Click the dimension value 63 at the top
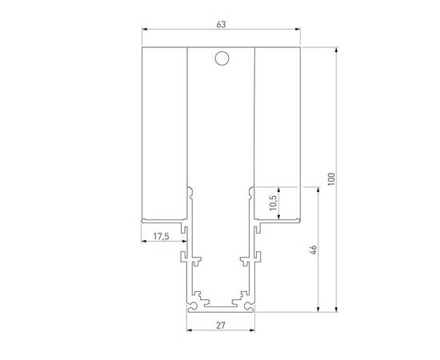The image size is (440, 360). (x=221, y=25)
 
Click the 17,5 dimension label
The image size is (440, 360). (x=161, y=236)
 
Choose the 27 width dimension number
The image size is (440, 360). (x=221, y=325)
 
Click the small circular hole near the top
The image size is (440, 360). (x=222, y=58)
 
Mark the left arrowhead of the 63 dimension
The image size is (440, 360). (x=145, y=32)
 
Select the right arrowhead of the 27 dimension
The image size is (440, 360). (x=252, y=330)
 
